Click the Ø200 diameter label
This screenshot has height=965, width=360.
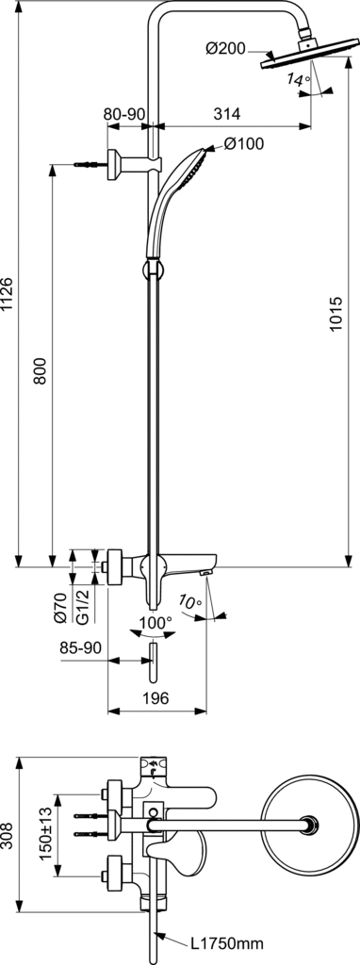pos(226,47)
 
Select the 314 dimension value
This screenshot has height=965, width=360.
pos(227,113)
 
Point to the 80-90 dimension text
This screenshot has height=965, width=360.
pos(124,113)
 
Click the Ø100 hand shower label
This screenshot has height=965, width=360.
pos(244,144)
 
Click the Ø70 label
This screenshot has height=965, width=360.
pos(60,607)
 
